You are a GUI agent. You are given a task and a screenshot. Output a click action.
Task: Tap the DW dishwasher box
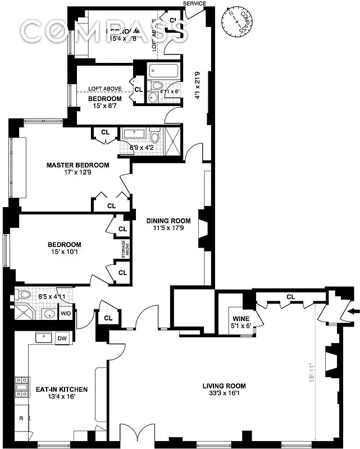62,338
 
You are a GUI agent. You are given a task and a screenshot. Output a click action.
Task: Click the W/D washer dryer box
66,313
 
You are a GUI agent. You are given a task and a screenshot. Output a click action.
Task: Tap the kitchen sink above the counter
43,338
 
